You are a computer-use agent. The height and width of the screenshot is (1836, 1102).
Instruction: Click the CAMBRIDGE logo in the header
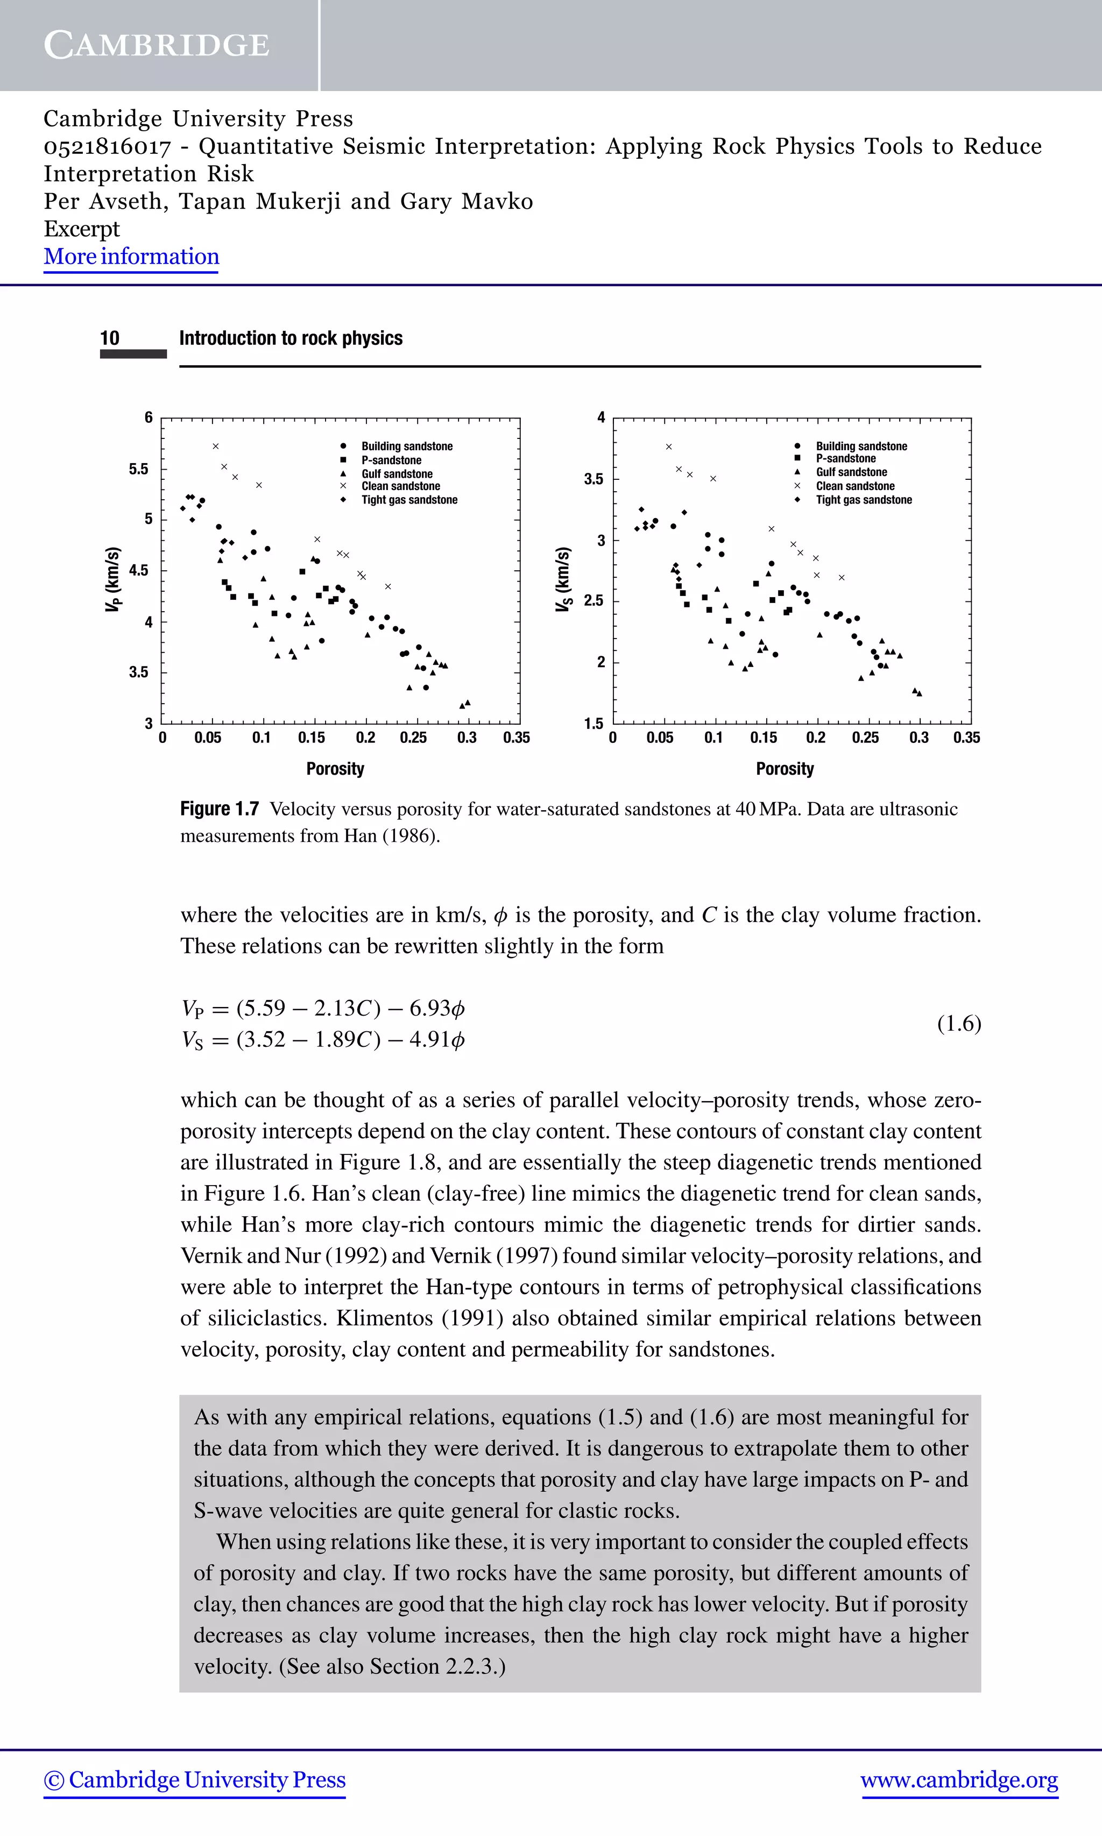tap(157, 45)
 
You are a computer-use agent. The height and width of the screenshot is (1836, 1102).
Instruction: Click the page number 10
tap(109, 338)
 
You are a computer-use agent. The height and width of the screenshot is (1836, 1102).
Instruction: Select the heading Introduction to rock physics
tap(291, 338)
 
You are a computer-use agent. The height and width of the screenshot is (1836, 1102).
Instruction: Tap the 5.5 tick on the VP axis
tap(138, 469)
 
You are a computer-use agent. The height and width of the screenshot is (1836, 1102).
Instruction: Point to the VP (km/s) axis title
tap(112, 579)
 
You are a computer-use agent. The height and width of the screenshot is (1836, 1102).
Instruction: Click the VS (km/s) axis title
tap(563, 579)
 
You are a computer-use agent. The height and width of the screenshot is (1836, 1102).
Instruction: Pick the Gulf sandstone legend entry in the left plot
tap(397, 474)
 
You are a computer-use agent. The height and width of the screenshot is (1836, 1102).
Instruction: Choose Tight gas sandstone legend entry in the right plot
tap(863, 500)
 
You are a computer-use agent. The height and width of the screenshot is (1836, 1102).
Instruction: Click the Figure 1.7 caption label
tap(219, 809)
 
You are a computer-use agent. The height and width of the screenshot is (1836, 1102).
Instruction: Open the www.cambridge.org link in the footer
tap(959, 1780)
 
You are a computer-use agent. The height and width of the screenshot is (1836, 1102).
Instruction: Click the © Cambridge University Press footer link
tap(195, 1780)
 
